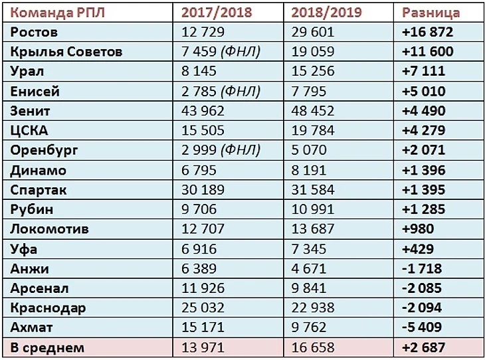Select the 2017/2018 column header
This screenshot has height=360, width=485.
tap(217, 13)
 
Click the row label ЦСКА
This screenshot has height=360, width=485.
tap(29, 130)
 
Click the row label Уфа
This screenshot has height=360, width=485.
tap(25, 249)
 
